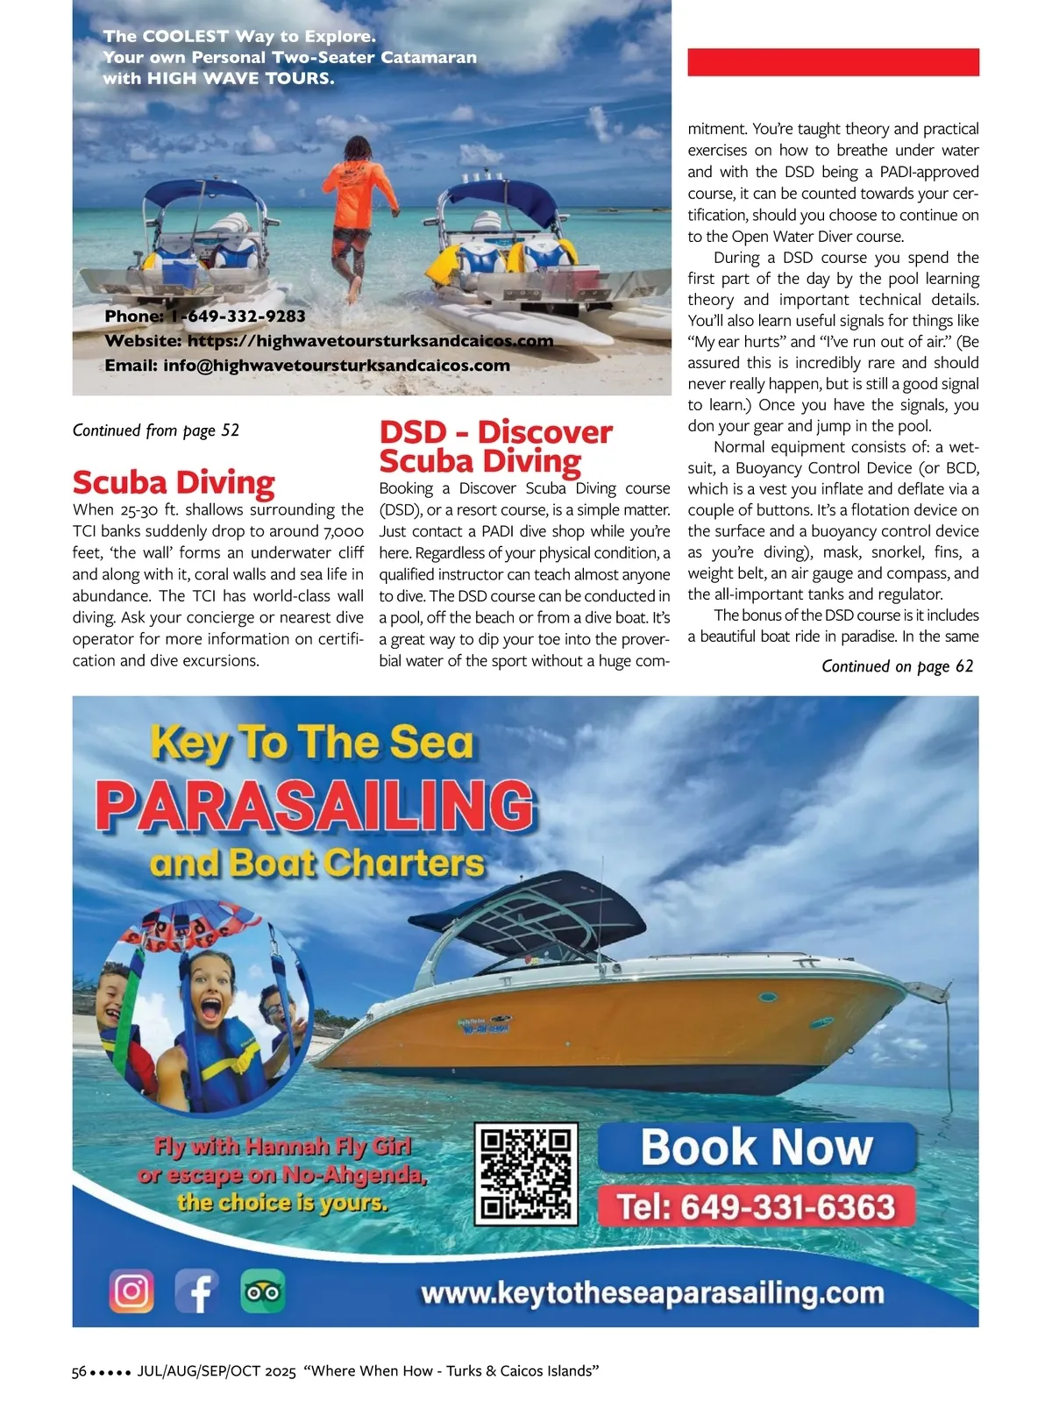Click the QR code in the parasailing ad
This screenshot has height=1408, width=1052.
coord(527,1174)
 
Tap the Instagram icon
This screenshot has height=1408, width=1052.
coord(131,1291)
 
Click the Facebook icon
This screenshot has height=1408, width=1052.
coord(197,1291)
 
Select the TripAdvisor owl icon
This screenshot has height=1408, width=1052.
coord(263,1291)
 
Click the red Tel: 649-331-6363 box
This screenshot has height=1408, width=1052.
coord(757,1207)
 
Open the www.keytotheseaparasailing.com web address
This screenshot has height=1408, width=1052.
coord(652,1293)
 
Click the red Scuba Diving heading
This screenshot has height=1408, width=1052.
coord(174,482)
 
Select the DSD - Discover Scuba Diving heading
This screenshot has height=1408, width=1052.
coord(495,445)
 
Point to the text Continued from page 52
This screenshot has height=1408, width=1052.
coord(156,430)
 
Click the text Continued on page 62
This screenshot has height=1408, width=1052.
coord(897,666)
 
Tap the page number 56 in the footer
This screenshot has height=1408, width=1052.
coord(79,1371)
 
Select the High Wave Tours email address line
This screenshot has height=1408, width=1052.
coord(307,366)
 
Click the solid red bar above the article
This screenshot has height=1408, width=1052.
coord(833,62)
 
